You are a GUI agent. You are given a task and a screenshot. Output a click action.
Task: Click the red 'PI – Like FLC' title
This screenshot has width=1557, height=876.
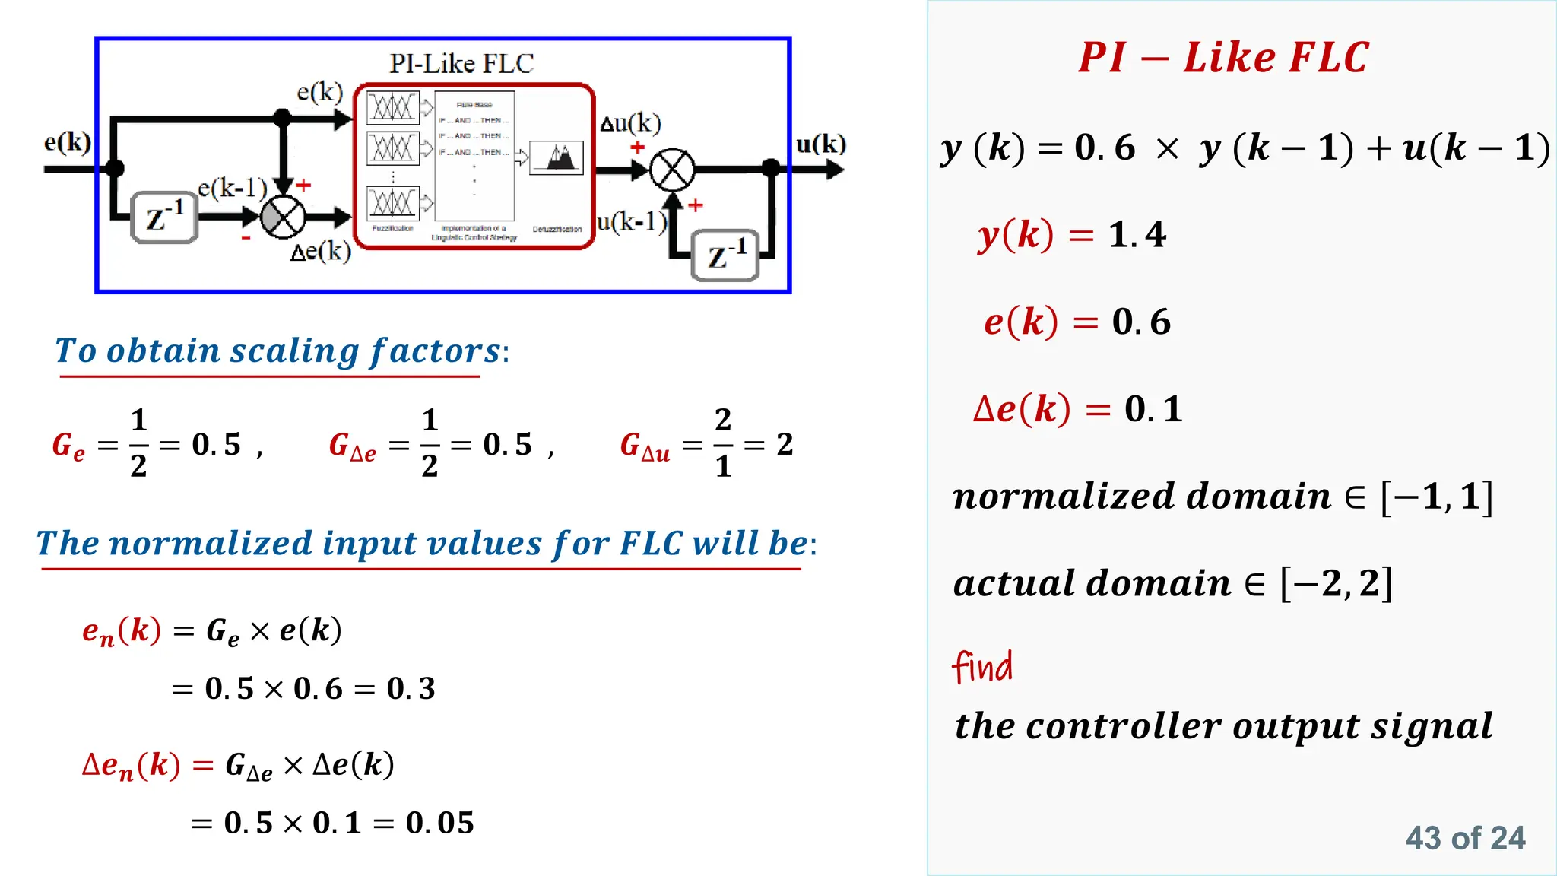[x=1223, y=58]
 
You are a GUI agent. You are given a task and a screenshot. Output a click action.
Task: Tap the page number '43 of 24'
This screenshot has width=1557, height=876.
[x=1465, y=838]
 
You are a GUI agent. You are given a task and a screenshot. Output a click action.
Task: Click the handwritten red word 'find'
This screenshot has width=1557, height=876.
[x=982, y=667]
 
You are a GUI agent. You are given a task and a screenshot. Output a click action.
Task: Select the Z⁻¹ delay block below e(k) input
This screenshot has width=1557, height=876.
[x=164, y=217]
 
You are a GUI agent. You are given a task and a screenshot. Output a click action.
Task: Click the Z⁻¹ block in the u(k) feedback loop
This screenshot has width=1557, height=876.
[x=725, y=255]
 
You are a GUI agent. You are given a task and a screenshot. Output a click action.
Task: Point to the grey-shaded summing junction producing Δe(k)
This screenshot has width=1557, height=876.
[x=283, y=217]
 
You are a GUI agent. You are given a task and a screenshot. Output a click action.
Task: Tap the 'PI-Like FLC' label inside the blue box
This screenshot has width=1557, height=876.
[x=461, y=64]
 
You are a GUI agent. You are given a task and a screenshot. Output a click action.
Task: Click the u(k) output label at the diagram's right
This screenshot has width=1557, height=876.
[x=820, y=144]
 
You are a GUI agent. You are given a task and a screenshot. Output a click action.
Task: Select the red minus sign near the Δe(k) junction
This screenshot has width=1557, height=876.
[x=246, y=239]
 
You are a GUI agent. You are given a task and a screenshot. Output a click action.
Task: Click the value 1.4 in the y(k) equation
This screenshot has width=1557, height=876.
[x=1137, y=235]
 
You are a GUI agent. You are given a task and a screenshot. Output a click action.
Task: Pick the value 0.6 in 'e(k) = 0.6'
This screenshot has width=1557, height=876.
[x=1141, y=322]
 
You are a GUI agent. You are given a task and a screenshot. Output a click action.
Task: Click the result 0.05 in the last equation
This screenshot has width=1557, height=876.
[x=439, y=823]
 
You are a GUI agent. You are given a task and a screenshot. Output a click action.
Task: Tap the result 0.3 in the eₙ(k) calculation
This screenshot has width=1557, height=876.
[x=411, y=689]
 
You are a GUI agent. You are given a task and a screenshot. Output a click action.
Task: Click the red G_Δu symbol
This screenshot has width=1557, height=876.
[x=645, y=446]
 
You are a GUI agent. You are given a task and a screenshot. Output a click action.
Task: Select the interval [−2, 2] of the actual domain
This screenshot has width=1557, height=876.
[x=1336, y=584]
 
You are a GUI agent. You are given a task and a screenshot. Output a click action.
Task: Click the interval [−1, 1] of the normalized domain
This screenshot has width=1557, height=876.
[x=1437, y=497]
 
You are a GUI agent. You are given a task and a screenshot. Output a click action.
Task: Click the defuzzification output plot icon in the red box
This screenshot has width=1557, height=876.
[x=557, y=157]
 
